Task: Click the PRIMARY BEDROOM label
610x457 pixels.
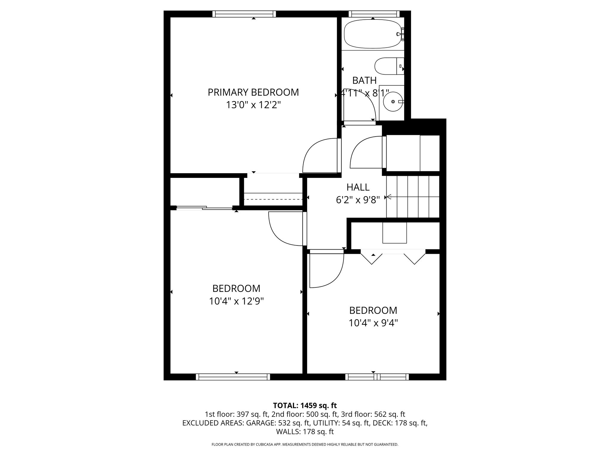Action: pyautogui.click(x=253, y=92)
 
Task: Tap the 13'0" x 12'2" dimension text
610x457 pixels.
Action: pyautogui.click(x=253, y=105)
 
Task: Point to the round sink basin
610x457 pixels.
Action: pyautogui.click(x=393, y=101)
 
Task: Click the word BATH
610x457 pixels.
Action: pyautogui.click(x=364, y=80)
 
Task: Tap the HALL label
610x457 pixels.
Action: pyautogui.click(x=358, y=187)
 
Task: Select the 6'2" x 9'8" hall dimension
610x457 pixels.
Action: pyautogui.click(x=358, y=200)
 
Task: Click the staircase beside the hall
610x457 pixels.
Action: pyautogui.click(x=413, y=197)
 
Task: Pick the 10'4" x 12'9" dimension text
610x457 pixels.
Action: pyautogui.click(x=236, y=301)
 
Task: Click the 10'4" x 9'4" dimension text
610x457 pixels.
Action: pyautogui.click(x=373, y=323)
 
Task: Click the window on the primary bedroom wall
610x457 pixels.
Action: pyautogui.click(x=244, y=14)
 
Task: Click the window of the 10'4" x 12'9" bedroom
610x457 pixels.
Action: pyautogui.click(x=233, y=377)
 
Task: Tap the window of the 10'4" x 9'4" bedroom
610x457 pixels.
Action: pyautogui.click(x=377, y=377)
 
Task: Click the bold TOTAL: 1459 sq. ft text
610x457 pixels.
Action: pyautogui.click(x=305, y=405)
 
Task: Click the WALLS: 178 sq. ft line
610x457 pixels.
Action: pyautogui.click(x=305, y=431)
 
